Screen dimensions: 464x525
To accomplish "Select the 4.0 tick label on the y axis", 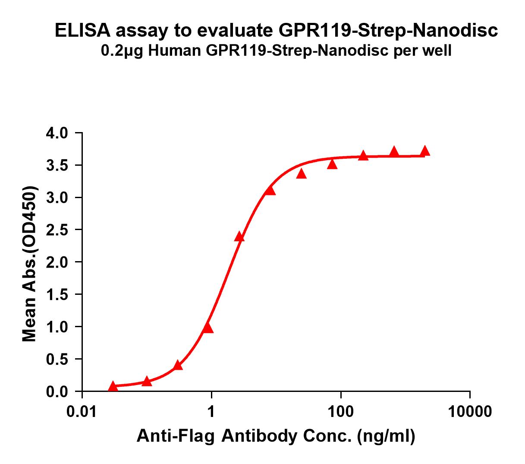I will coord(58,133).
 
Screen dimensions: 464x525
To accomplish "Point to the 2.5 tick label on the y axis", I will coord(58,230).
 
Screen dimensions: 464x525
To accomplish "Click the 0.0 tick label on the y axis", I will coord(58,391).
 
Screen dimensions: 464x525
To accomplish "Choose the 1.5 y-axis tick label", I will coord(58,294).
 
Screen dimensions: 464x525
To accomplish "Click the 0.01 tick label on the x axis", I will coord(82,412).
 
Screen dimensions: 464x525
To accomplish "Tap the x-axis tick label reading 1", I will coord(211,412).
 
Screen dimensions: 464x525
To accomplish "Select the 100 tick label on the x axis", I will coord(341,412).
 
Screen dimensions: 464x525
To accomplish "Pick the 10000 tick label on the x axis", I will coord(470,412).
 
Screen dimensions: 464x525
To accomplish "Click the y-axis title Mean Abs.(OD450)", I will coord(29,264).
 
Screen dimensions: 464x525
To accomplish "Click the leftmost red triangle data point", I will coord(113,386).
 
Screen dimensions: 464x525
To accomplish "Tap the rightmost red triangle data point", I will coord(425,151).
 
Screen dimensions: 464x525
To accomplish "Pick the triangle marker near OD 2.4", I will coord(239,237).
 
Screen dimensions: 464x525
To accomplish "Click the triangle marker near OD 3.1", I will coord(270,190).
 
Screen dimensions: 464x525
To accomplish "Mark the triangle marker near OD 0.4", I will coord(178,366).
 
